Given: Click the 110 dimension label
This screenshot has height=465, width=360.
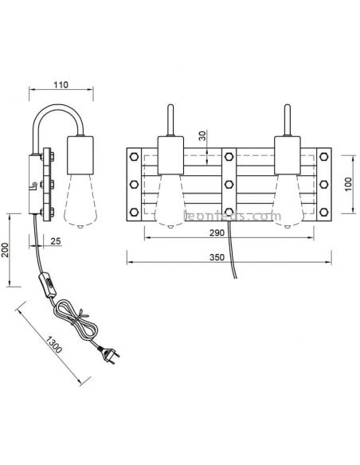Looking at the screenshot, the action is pos(61,85).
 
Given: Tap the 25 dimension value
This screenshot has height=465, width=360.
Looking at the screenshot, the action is pos(56,241).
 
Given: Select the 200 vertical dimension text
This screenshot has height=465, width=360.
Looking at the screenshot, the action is pos(5,250).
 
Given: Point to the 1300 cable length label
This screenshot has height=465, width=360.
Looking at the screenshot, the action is pos(54,344).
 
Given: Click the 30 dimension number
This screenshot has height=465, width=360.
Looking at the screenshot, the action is pos(202,135).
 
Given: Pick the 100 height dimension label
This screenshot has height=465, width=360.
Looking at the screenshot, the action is pos(348,184).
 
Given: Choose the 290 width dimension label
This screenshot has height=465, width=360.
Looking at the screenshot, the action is pos(217,233).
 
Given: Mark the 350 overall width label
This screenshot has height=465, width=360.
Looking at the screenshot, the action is pos(217,257).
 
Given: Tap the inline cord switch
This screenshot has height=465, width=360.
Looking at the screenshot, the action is pos(47,285).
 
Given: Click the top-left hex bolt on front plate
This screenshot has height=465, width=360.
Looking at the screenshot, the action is pos(134,156).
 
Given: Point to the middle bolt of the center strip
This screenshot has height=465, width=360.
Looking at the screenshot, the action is pos(229,184).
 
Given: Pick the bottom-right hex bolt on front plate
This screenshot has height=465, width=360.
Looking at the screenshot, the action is pos(324,212).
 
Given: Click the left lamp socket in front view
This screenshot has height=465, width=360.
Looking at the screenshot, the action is pos(170,155).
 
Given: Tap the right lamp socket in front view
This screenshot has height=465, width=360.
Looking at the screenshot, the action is pos(287,155).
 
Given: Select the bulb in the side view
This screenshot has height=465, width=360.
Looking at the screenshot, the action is pos(80,201).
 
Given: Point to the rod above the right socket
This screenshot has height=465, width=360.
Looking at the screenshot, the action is pos(287,120).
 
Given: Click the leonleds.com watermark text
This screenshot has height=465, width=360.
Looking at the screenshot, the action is pos(233,217).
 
